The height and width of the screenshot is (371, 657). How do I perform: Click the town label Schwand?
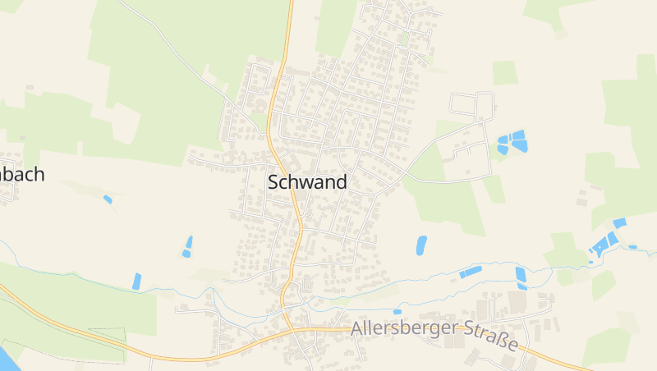307,182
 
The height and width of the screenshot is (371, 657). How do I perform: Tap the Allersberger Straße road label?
435,333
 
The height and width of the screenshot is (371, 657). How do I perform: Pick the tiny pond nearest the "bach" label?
108,199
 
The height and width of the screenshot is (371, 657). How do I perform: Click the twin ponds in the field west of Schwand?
188,246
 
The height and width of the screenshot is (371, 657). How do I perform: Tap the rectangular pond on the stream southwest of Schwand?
136,281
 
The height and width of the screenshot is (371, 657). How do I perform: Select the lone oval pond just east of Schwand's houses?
421,245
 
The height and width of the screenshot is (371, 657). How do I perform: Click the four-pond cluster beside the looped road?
512,142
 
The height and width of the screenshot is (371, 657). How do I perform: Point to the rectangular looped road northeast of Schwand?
471,104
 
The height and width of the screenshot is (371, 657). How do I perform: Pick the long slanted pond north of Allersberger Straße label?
471,272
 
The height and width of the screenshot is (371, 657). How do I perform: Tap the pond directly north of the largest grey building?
521,277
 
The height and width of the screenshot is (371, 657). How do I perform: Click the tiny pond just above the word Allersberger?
397,312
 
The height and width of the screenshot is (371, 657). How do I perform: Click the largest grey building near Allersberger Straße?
517,302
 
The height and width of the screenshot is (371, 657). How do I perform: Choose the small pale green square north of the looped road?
505,72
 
